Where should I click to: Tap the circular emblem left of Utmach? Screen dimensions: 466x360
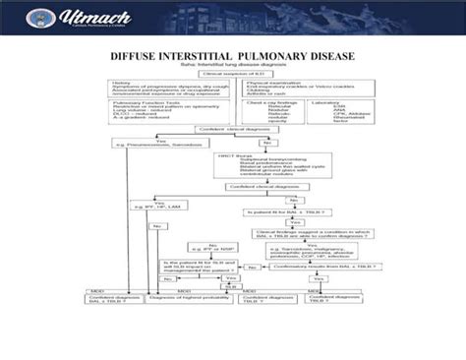pyautogui.click(x=29, y=20)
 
